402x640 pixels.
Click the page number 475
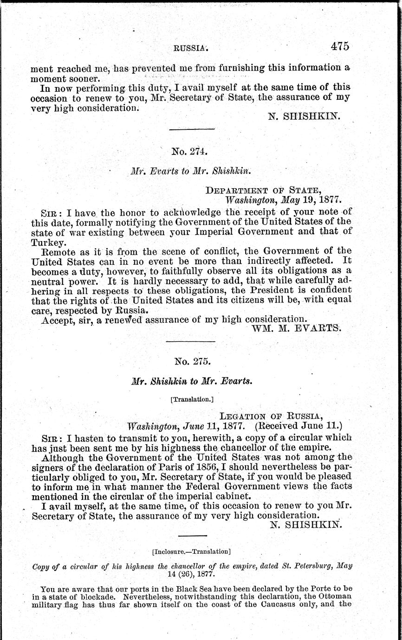340,46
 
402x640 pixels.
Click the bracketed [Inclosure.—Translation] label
191,551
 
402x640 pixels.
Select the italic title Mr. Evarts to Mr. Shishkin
191,171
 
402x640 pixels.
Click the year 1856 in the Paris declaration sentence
206,457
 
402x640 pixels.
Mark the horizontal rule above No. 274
191,129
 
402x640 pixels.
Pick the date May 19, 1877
309,200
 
